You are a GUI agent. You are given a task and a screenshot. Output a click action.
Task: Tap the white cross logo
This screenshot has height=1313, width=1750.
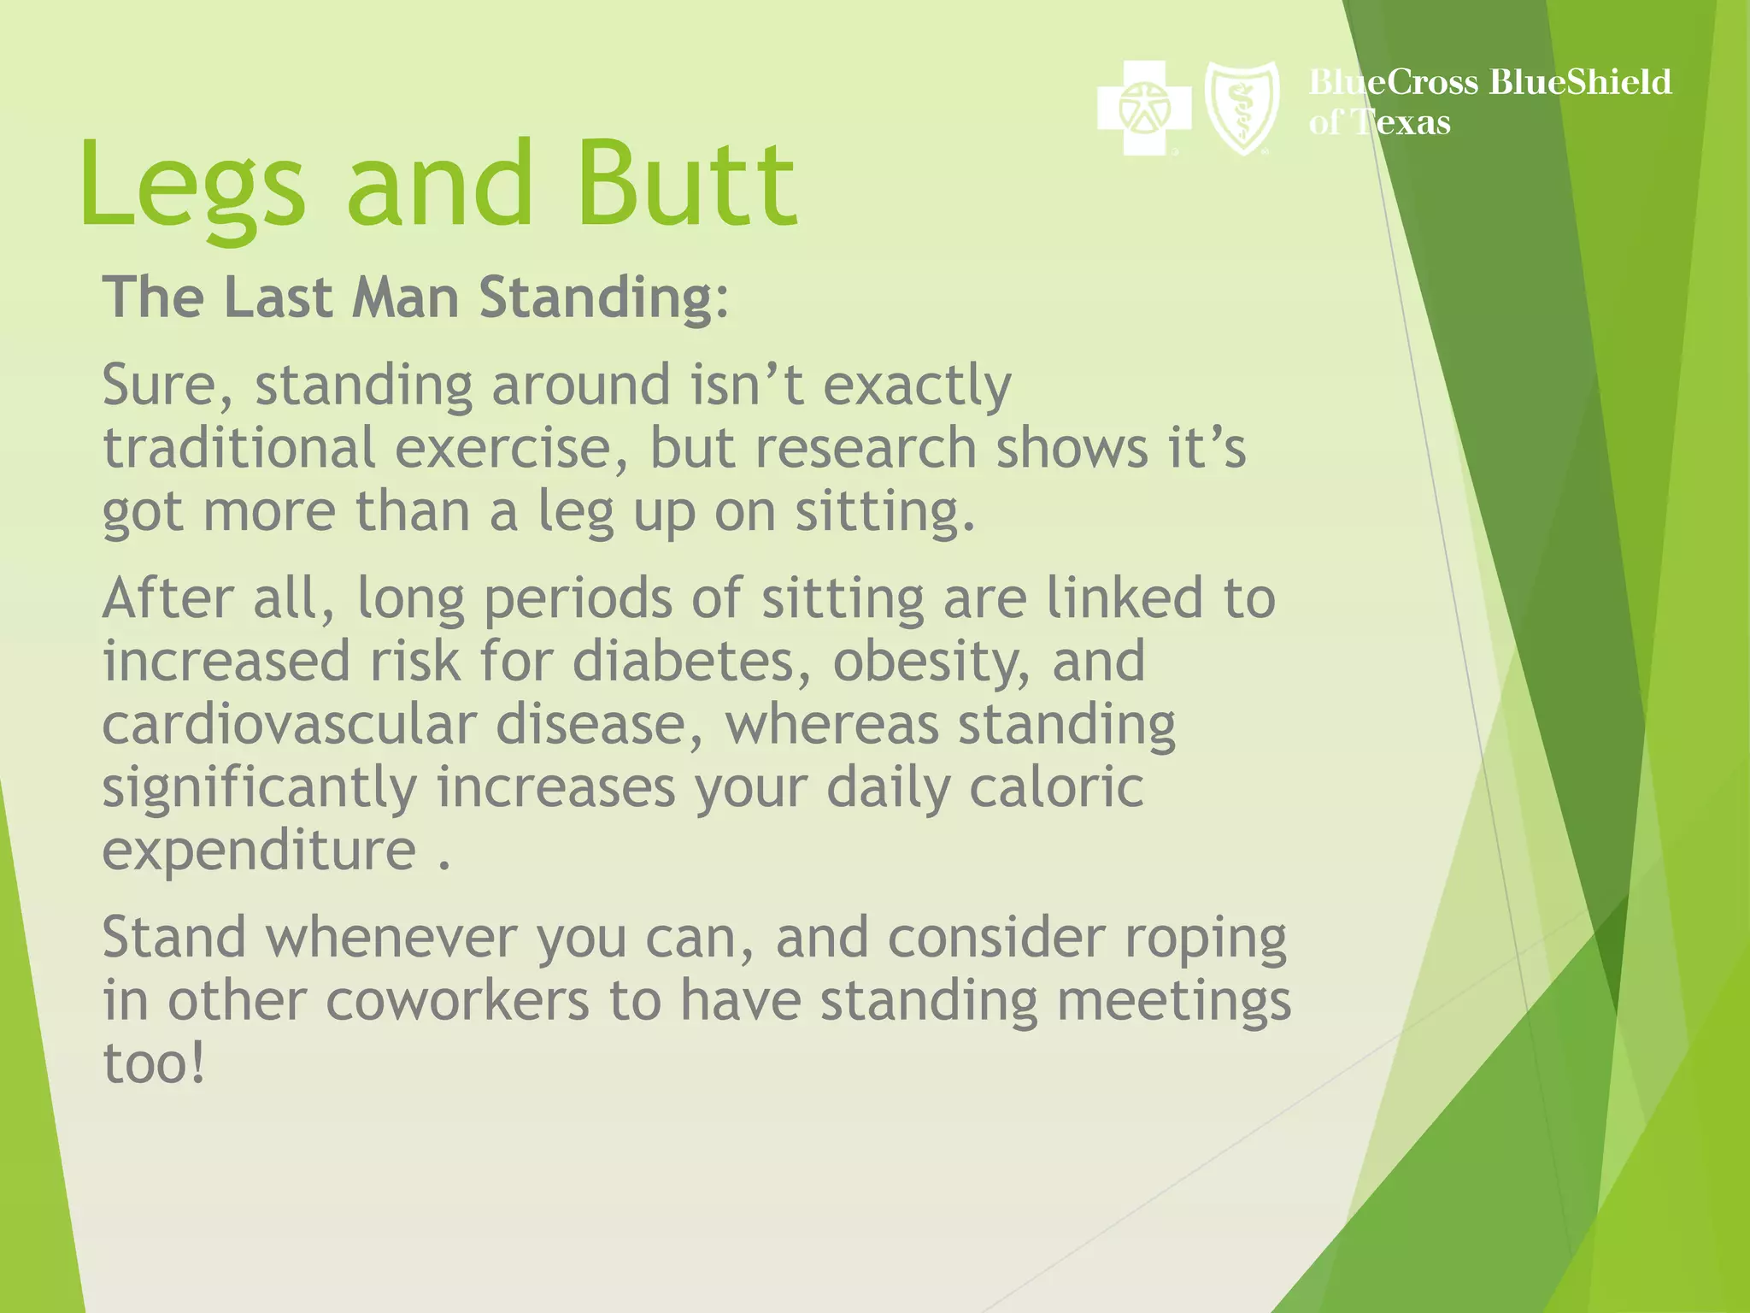click(1143, 109)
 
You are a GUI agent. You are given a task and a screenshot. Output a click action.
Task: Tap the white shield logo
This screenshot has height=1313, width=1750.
click(1242, 109)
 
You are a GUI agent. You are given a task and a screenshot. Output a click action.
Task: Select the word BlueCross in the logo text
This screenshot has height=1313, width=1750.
click(1394, 82)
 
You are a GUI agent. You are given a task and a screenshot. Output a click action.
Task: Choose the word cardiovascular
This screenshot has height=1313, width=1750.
click(289, 724)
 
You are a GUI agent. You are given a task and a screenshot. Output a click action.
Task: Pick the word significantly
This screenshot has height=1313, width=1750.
click(259, 788)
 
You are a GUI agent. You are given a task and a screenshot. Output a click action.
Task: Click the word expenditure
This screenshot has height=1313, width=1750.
click(259, 851)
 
